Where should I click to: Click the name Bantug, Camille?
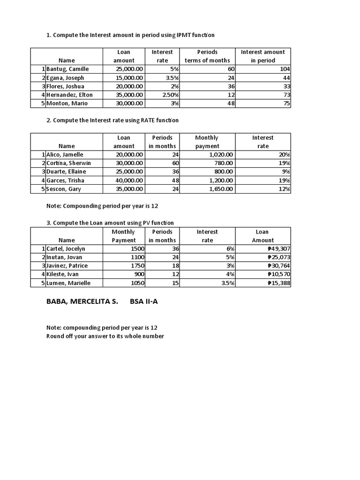click(x=67, y=69)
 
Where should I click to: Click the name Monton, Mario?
click(x=67, y=103)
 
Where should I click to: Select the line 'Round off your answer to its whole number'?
click(x=105, y=336)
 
